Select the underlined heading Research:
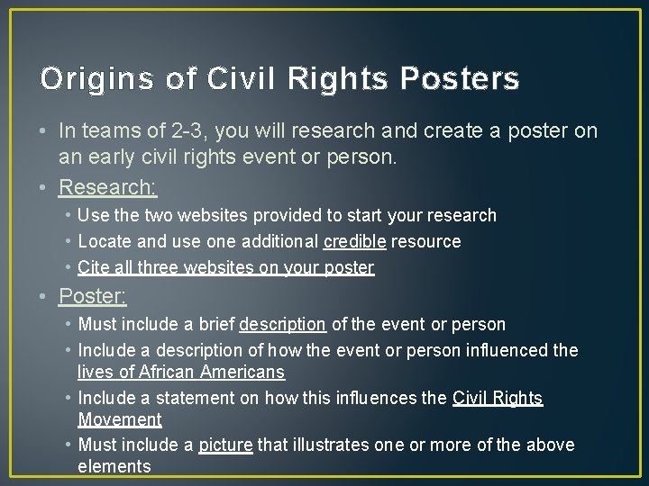click(108, 187)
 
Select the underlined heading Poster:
click(93, 295)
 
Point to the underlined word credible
click(356, 241)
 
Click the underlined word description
click(282, 324)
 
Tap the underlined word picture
click(225, 445)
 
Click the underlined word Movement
click(120, 419)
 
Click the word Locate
click(105, 241)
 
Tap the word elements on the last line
click(114, 466)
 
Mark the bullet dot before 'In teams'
click(45, 131)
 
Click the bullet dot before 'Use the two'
click(69, 216)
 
